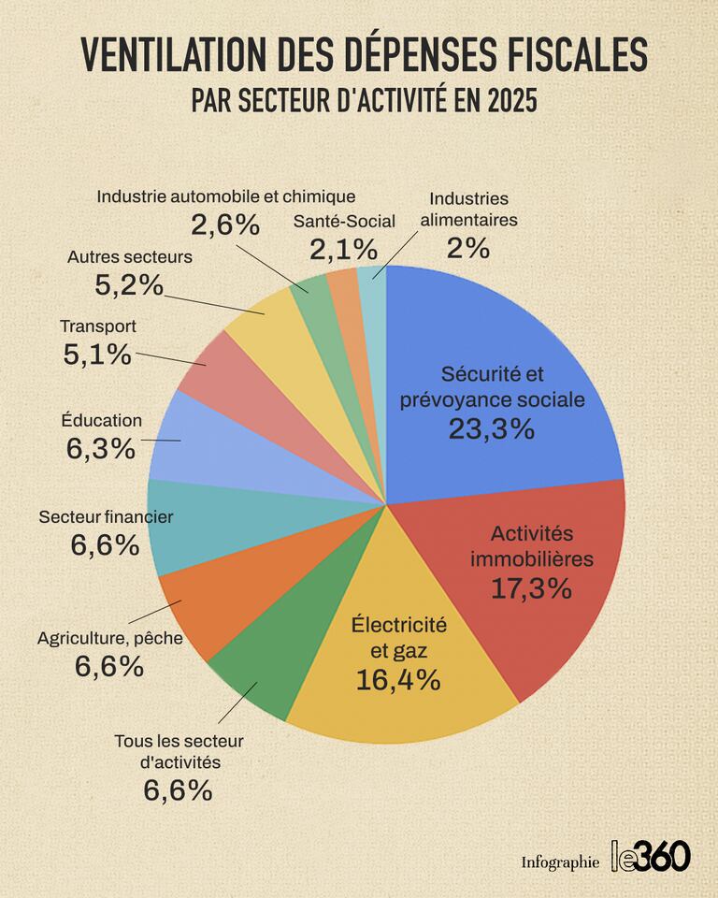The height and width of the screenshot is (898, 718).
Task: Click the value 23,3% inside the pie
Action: point(491,429)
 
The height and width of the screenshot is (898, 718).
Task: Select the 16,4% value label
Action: point(398,680)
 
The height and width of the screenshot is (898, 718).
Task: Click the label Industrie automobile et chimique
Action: point(226,197)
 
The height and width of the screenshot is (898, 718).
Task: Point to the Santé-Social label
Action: point(344,222)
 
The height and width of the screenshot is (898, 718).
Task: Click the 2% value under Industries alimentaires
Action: point(467,249)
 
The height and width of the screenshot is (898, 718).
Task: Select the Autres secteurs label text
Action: point(130,256)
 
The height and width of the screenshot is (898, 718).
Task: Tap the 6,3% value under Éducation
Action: point(101,449)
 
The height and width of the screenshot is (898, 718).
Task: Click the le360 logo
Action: point(651,855)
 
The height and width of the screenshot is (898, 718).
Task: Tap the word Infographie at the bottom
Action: point(560,862)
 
